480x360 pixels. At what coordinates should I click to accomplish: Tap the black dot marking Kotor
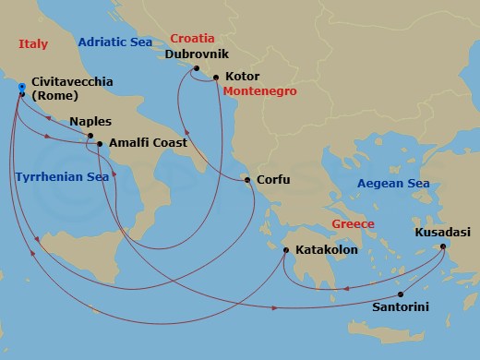(x=216, y=78)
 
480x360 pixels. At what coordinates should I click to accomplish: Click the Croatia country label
(x=192, y=39)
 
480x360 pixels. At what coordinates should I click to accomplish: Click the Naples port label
(x=90, y=121)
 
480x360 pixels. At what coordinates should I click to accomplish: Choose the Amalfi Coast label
(x=148, y=143)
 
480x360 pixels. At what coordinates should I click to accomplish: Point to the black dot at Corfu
(x=247, y=181)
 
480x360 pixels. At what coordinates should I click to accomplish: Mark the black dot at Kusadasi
(x=443, y=246)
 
